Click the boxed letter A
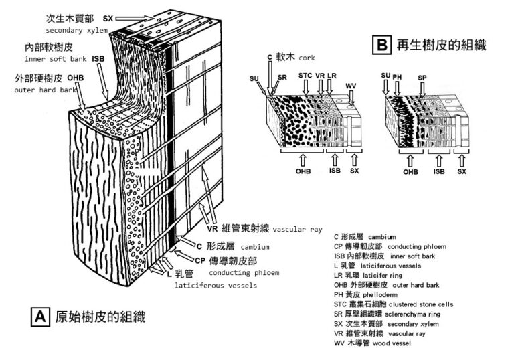pyautogui.click(x=41, y=316)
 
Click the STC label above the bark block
pyautogui.click(x=305, y=76)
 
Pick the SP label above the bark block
pyautogui.click(x=422, y=78)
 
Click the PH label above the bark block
pyautogui.click(x=398, y=76)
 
